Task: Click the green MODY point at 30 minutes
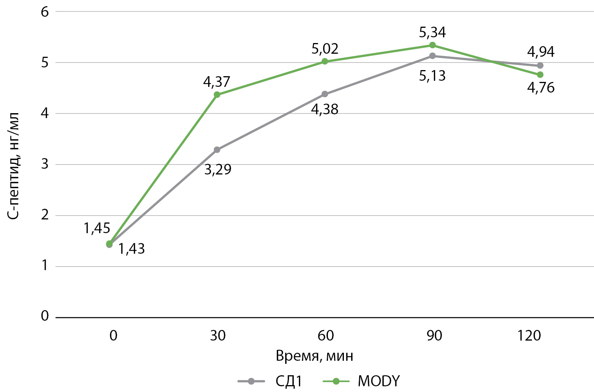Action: [217, 94]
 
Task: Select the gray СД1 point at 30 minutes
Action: [217, 150]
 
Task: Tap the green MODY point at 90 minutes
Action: [432, 45]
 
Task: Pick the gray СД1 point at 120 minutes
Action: [540, 66]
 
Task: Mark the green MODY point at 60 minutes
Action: [325, 61]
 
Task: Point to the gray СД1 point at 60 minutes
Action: [325, 94]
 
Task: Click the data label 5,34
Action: [432, 32]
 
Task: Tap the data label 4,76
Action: [541, 88]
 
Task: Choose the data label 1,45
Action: [97, 228]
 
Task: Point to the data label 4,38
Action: [325, 110]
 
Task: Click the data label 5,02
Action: [325, 49]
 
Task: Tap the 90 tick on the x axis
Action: [434, 336]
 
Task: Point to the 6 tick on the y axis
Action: [45, 12]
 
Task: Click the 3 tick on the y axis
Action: [45, 164]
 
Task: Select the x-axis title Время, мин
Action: [315, 356]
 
